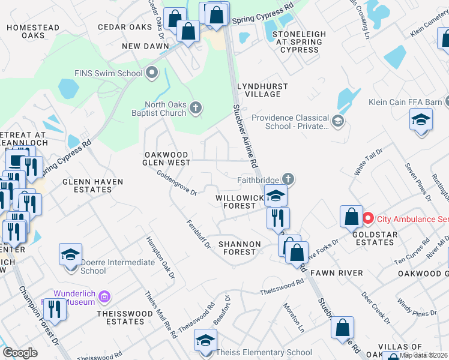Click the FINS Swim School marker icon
152,74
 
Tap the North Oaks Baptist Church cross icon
194,108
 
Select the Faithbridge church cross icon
288,179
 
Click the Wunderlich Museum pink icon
104,296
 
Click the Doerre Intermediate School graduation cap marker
70,254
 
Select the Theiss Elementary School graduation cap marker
205,341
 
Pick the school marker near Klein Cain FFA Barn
421,119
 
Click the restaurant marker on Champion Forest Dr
53,310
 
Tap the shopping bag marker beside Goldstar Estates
351,217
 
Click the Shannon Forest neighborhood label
240,248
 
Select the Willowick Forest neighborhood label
240,201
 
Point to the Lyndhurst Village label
259,91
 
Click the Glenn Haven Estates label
92,185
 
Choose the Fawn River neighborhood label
341,273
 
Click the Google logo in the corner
20,353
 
